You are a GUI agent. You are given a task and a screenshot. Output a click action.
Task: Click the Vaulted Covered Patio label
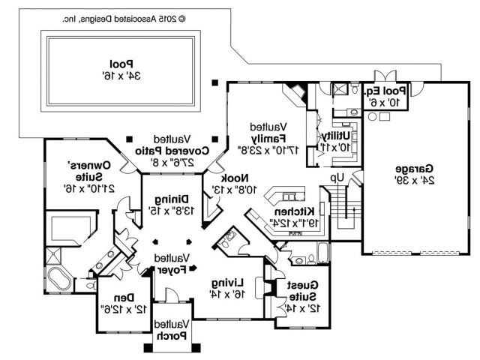pos(172,150)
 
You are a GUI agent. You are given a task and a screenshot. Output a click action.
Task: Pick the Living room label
pos(226,288)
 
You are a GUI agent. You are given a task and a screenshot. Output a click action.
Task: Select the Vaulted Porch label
pos(172,329)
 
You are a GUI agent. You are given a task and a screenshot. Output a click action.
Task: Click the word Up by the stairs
pos(338,178)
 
